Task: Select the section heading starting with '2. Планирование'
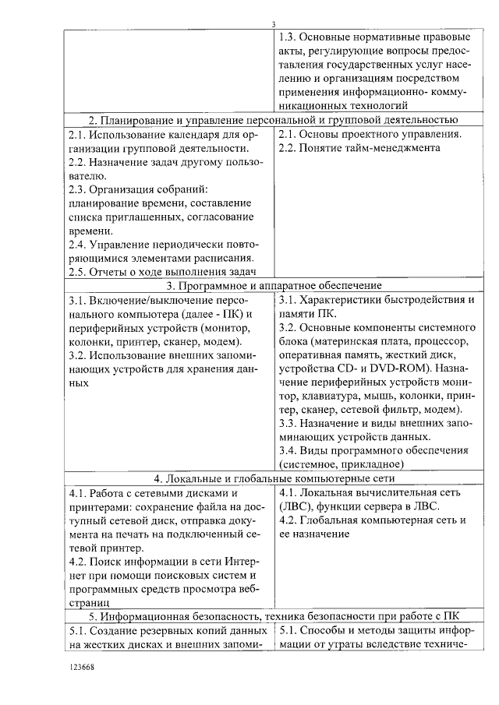pyautogui.click(x=273, y=119)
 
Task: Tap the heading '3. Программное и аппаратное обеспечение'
pyautogui.click(x=273, y=286)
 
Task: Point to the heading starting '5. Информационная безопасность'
pyautogui.click(x=273, y=615)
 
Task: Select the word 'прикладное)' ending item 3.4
pyautogui.click(x=375, y=464)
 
